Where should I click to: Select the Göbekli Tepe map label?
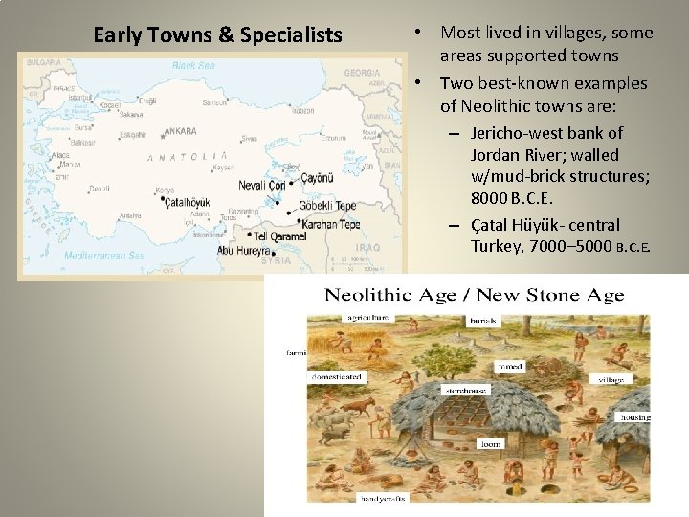coord(327,206)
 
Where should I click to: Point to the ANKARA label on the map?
coord(180,131)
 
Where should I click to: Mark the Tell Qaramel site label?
coord(280,236)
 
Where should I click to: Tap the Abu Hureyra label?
coord(246,250)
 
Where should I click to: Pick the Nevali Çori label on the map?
coord(262,184)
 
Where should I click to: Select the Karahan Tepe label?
coord(330,224)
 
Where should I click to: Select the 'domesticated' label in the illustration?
coord(336,377)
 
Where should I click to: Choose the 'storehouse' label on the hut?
coord(464,391)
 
